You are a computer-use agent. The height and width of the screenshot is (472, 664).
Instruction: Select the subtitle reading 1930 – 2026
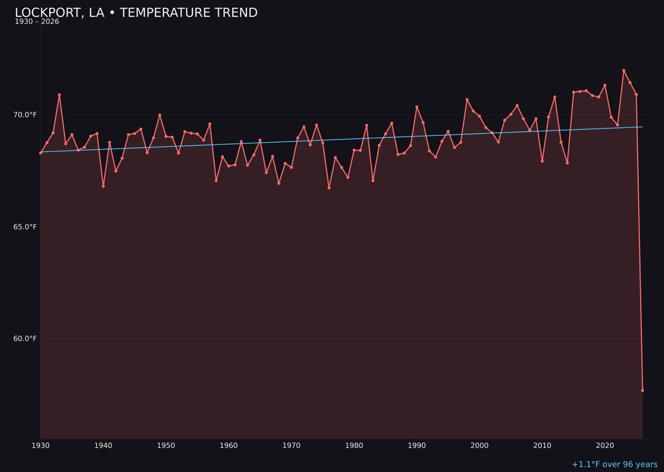click(37, 22)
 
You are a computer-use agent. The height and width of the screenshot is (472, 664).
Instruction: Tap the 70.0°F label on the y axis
click(26, 115)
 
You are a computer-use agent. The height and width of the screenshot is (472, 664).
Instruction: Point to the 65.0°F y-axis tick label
click(26, 227)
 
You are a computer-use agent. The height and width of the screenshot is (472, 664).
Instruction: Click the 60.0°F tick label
click(26, 339)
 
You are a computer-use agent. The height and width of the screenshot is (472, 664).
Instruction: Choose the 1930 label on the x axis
click(41, 446)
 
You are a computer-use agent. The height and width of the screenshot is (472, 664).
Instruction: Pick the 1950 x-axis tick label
click(166, 446)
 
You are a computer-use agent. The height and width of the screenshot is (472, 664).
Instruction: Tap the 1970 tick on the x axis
click(291, 446)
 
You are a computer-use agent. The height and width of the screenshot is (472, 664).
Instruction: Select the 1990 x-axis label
click(417, 446)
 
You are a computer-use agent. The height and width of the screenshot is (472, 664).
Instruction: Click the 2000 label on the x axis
click(480, 446)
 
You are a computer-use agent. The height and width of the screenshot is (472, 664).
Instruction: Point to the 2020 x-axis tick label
click(605, 446)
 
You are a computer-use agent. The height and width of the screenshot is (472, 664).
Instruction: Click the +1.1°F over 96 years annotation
click(614, 465)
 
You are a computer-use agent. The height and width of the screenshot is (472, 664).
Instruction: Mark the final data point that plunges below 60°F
click(642, 390)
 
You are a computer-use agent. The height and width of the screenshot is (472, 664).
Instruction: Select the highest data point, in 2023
click(623, 71)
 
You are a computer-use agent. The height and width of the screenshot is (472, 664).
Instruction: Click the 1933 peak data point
click(60, 95)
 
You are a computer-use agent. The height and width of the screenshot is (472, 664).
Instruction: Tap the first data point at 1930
click(41, 153)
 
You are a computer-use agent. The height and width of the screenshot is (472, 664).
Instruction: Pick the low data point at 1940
click(103, 186)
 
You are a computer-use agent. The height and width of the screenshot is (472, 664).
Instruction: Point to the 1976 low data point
click(329, 188)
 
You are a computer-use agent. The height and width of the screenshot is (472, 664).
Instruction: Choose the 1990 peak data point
click(417, 107)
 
